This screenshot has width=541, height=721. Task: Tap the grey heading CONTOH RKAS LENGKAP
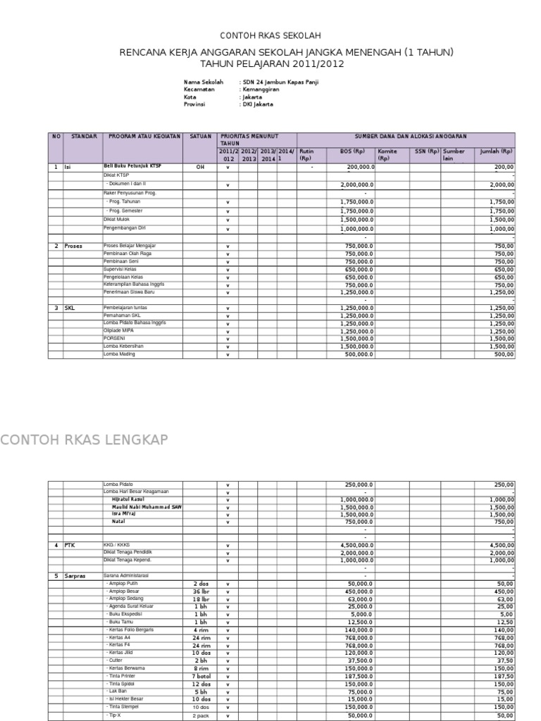pos(85,440)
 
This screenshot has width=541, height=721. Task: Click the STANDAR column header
pos(83,136)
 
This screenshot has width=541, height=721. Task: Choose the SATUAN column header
pos(200,136)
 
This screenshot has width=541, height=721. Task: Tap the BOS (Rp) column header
pos(352,151)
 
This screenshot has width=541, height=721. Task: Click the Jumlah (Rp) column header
pos(497,151)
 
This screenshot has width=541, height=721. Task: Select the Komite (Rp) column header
pos(388,154)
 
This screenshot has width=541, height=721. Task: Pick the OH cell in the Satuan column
pos(200,168)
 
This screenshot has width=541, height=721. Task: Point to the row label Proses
pos(75,246)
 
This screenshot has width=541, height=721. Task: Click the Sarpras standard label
pos(75,576)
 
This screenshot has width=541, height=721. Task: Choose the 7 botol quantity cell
pos(200,676)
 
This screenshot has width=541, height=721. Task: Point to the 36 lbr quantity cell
pos(200,591)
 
